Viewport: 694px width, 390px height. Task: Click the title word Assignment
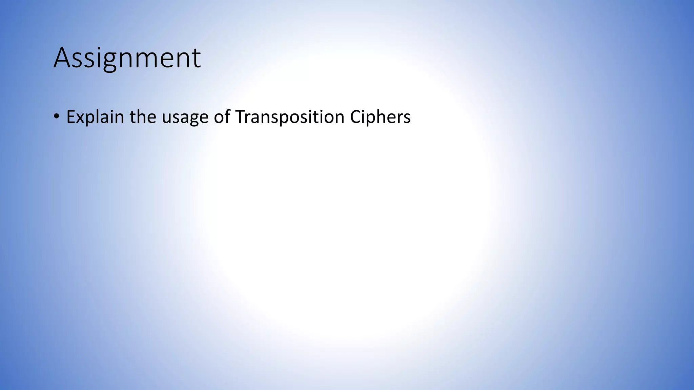pyautogui.click(x=127, y=58)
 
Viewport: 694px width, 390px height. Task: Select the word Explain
pyautogui.click(x=95, y=117)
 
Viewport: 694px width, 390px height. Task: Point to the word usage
pyautogui.click(x=185, y=118)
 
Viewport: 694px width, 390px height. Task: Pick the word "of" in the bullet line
pyautogui.click(x=222, y=117)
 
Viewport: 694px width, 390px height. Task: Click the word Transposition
pyautogui.click(x=290, y=117)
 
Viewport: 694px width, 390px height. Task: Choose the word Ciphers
pyautogui.click(x=380, y=117)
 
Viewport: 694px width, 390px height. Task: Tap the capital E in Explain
pyautogui.click(x=70, y=117)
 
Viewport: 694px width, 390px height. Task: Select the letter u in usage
pyautogui.click(x=166, y=118)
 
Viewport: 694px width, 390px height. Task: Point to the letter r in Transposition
pyautogui.click(x=248, y=118)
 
